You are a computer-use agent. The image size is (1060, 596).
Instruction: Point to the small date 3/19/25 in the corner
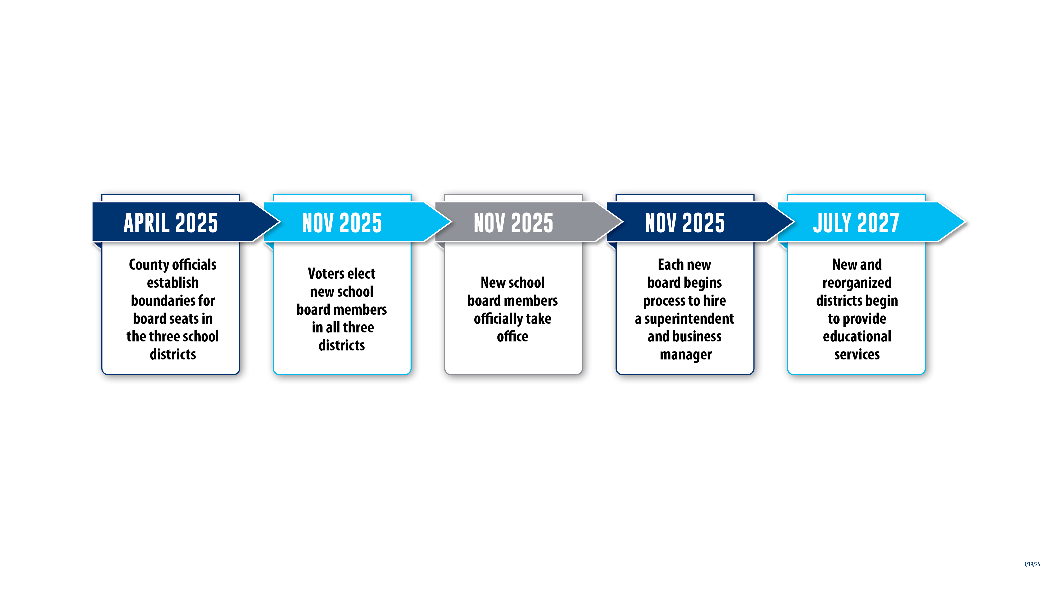coord(1032,564)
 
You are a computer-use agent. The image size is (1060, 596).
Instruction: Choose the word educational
coord(857,336)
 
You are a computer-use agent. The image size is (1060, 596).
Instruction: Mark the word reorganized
coord(857,283)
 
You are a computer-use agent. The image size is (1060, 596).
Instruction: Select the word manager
coord(686,355)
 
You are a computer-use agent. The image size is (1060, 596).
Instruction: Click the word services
coord(857,355)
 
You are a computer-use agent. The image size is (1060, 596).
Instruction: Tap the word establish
coord(173,283)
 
